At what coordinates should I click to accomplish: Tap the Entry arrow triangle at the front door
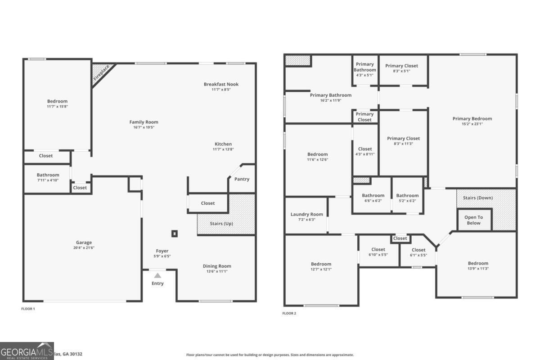[157, 275]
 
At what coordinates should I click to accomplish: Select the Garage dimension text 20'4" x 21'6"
[84, 247]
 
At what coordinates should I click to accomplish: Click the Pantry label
[242, 179]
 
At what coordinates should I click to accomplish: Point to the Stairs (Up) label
[221, 223]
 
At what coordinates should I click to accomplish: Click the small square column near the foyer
[175, 234]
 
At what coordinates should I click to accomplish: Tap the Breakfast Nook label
[221, 84]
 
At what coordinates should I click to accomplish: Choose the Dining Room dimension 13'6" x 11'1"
[217, 271]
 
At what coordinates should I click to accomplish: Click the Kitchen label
[223, 144]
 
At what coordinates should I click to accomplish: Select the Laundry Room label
[306, 214]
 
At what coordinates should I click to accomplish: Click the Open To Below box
[473, 220]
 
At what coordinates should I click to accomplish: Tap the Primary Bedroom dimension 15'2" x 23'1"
[472, 124]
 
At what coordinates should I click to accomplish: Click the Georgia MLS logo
[27, 351]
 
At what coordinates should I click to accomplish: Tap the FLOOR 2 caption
[289, 313]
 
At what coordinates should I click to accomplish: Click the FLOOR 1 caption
[28, 309]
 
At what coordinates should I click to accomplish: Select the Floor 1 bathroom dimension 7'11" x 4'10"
[48, 180]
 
